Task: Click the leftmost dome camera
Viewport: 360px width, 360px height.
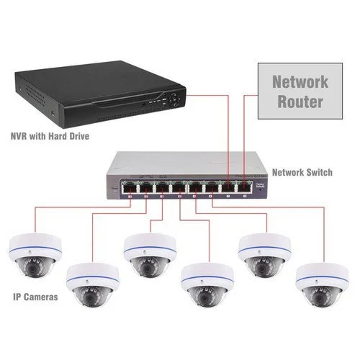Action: pyautogui.click(x=34, y=253)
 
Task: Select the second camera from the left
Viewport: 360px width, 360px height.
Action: pyautogui.click(x=91, y=286)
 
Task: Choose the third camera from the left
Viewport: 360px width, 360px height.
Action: pyautogui.click(x=149, y=253)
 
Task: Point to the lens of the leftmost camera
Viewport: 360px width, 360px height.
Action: pyautogui.click(x=34, y=263)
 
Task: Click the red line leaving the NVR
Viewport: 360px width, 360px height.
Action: pyautogui.click(x=209, y=93)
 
